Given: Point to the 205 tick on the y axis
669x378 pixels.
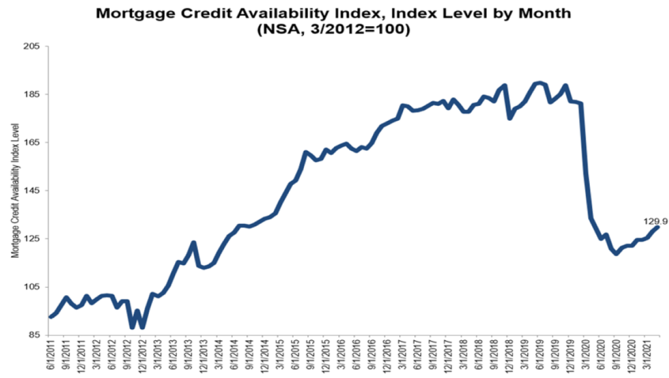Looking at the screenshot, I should (x=31, y=46).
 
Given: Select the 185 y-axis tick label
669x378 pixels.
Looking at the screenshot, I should (x=31, y=95).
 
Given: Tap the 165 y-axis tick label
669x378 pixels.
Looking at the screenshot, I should (x=31, y=142).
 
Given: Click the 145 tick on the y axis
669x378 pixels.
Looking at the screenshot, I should (x=31, y=191).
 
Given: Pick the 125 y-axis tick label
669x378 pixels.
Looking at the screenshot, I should (x=31, y=239).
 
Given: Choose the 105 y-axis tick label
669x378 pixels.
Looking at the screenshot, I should (x=31, y=287).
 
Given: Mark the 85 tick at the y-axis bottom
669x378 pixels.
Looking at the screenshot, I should (x=33, y=335).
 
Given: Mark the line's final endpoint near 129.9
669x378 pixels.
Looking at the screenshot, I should (x=657, y=227).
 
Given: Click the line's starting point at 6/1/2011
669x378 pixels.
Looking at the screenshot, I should (x=50, y=317).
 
